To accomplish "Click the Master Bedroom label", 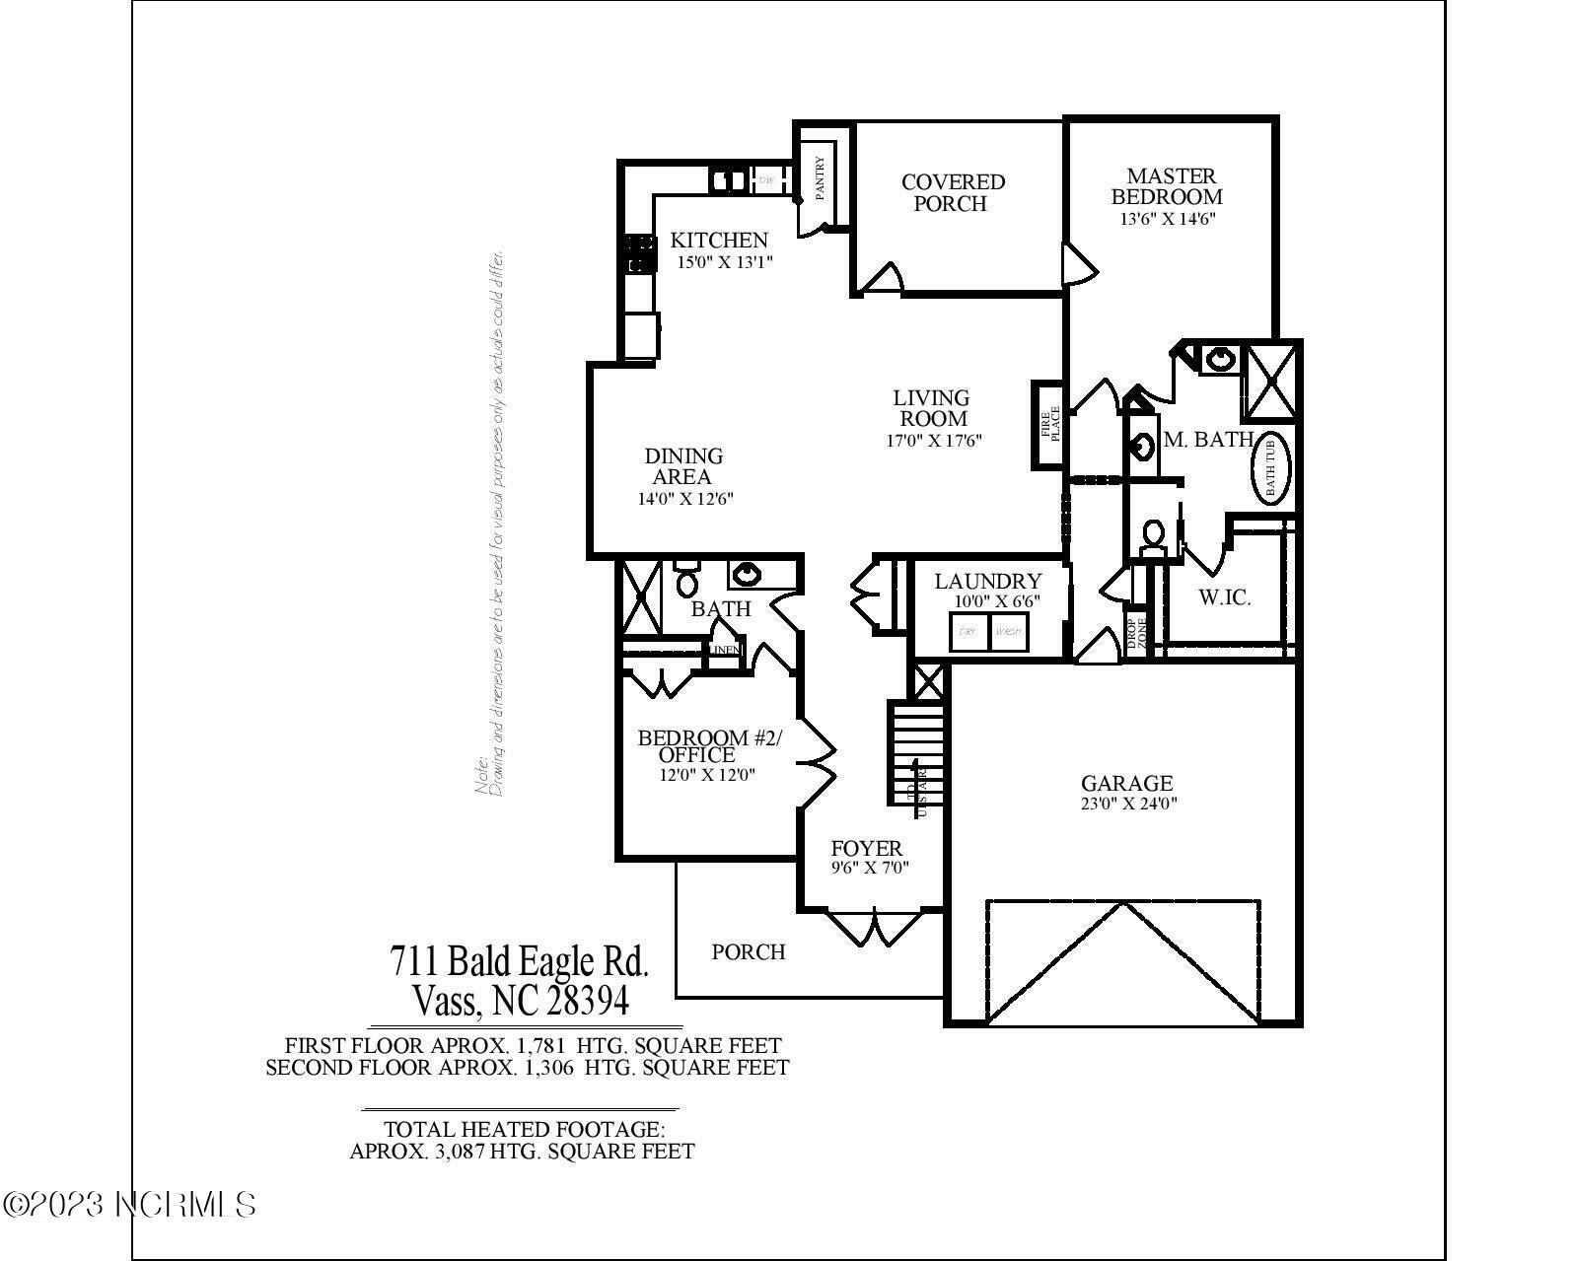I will pos(1171,186).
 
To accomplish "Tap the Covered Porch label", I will pos(952,192).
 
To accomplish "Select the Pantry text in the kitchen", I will pos(820,178).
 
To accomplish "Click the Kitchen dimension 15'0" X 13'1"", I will pos(724,262).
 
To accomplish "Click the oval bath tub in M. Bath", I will pos(1270,467).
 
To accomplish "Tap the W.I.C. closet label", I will pos(1224,597).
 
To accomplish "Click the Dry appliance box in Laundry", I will pos(968,632).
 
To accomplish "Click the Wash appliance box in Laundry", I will pos(1007,632).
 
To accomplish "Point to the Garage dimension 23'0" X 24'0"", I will pos(1127,804).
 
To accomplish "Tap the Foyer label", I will pos(866,848).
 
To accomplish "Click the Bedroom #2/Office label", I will pos(708,745).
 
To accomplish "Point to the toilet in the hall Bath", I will pos(686,580).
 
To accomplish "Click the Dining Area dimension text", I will pos(684,499).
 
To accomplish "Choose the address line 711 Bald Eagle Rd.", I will pos(519,960).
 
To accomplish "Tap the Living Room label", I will pos(931,407).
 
